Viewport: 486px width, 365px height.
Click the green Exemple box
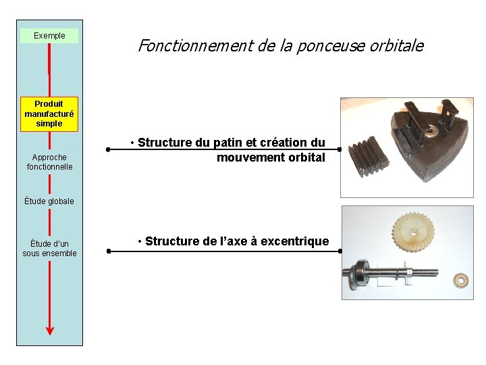(49, 36)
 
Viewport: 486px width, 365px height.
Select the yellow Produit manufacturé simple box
(49, 114)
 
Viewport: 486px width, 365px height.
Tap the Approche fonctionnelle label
(49, 162)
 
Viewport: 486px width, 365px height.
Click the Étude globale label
(49, 201)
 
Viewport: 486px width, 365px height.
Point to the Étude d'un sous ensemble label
(49, 248)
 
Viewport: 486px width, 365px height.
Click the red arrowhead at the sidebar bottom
(50, 331)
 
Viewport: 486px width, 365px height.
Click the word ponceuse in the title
(331, 47)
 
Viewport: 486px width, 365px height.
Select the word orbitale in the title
(397, 46)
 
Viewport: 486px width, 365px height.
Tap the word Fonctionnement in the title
(196, 46)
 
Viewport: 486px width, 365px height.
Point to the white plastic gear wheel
(413, 232)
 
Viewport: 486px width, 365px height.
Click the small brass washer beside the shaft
(461, 281)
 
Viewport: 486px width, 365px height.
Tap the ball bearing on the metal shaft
(361, 272)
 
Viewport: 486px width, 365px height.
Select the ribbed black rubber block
(369, 156)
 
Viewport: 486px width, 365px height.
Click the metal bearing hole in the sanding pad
(429, 132)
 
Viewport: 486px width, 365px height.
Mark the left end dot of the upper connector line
(108, 149)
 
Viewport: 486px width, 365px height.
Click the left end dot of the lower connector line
(109, 251)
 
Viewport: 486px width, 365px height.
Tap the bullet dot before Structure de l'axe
(140, 241)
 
